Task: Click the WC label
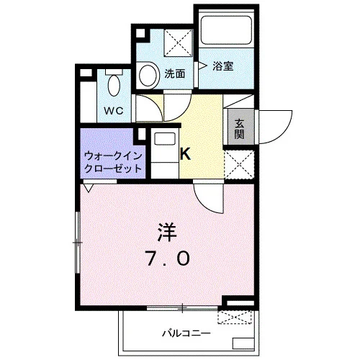[114, 111]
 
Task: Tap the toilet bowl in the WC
[114, 85]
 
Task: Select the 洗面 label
[175, 73]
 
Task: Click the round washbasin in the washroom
[148, 76]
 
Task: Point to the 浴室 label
[223, 66]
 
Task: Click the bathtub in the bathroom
[226, 30]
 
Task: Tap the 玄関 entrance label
[239, 129]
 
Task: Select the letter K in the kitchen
[185, 154]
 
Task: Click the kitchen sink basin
[165, 139]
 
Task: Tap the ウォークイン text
[113, 156]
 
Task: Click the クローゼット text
[113, 168]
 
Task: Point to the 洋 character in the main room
[167, 233]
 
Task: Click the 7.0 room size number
[168, 258]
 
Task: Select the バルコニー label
[186, 333]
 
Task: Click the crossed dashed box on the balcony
[235, 318]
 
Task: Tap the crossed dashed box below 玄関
[239, 164]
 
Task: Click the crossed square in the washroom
[178, 43]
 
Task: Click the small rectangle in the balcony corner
[243, 343]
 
